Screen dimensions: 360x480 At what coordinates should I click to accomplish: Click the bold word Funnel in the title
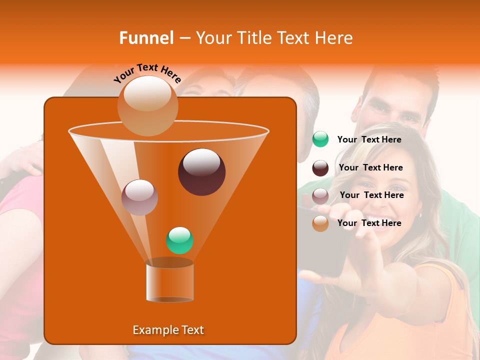(x=146, y=38)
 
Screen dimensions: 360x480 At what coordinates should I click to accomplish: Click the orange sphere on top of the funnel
(x=147, y=105)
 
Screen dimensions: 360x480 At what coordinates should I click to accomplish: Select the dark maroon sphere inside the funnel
(x=201, y=172)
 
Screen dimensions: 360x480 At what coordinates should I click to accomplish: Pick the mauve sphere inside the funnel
(x=139, y=197)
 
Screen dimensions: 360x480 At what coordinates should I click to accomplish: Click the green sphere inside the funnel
(x=179, y=240)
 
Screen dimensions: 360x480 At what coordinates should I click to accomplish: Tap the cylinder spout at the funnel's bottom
(x=169, y=282)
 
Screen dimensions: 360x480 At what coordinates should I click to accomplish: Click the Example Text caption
(x=168, y=330)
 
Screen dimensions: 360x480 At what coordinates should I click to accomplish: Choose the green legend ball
(x=320, y=139)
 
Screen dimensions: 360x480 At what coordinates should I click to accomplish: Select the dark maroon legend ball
(x=320, y=168)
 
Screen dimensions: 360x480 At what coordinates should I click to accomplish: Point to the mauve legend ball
(x=320, y=196)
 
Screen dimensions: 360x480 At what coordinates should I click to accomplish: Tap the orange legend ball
(x=320, y=223)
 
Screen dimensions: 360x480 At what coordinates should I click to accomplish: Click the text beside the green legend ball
(x=369, y=140)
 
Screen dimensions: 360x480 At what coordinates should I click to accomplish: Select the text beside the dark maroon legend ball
(x=370, y=168)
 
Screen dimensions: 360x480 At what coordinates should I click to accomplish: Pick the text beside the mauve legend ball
(x=371, y=195)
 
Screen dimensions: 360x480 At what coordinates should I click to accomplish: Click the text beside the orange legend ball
(x=369, y=223)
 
